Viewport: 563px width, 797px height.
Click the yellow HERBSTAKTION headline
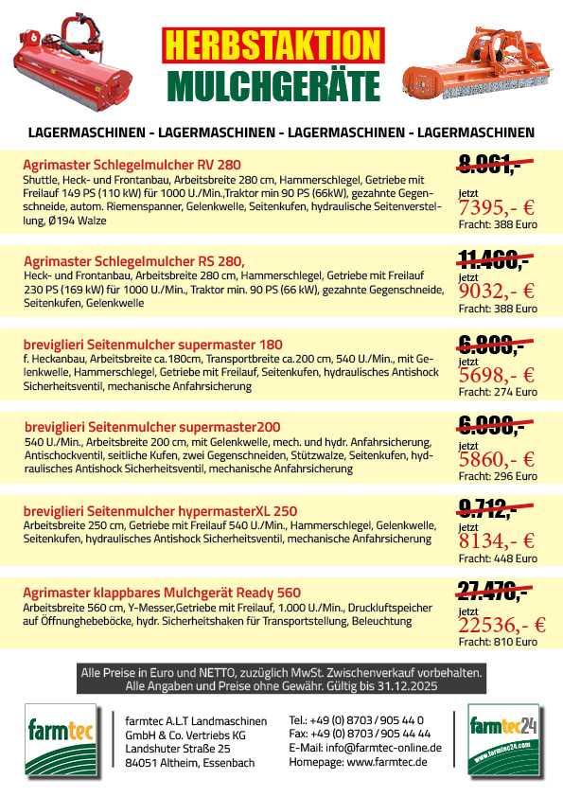click(273, 45)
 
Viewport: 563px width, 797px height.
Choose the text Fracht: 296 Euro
click(498, 476)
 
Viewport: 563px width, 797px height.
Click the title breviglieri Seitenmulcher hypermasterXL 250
click(160, 511)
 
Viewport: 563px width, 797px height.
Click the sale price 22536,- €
click(501, 625)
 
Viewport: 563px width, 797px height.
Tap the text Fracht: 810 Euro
click(498, 643)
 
